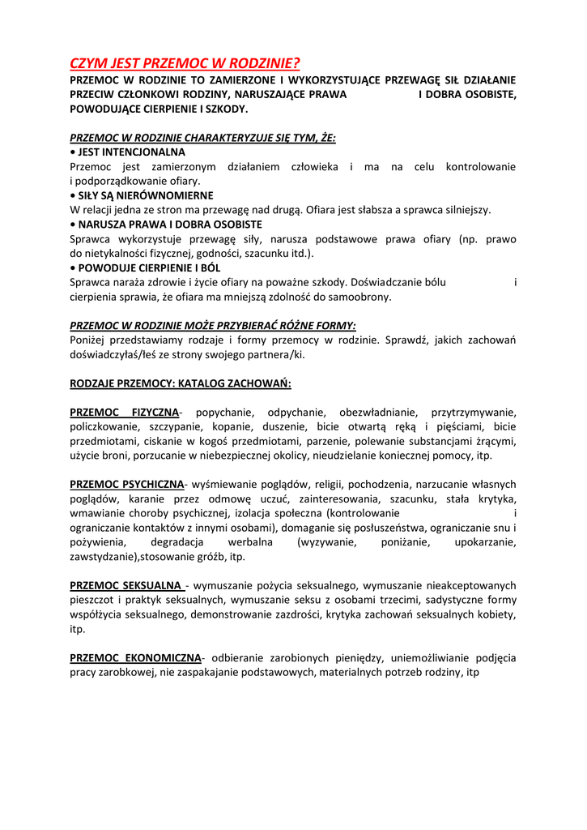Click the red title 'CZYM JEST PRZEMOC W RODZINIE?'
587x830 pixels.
pyautogui.click(x=185, y=63)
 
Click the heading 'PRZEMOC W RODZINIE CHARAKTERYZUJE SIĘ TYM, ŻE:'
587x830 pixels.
pyautogui.click(x=202, y=138)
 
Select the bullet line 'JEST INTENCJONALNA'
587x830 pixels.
pyautogui.click(x=131, y=152)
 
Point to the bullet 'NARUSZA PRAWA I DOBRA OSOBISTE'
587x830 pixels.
pyautogui.click(x=170, y=225)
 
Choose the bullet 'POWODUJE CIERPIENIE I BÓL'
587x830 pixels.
pyautogui.click(x=149, y=267)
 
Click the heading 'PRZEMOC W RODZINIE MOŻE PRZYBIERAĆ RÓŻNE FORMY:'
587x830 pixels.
pyautogui.click(x=213, y=326)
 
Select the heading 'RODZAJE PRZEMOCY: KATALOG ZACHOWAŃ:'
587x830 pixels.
pyautogui.click(x=181, y=383)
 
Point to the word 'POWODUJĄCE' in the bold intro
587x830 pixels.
pyautogui.click(x=105, y=109)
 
